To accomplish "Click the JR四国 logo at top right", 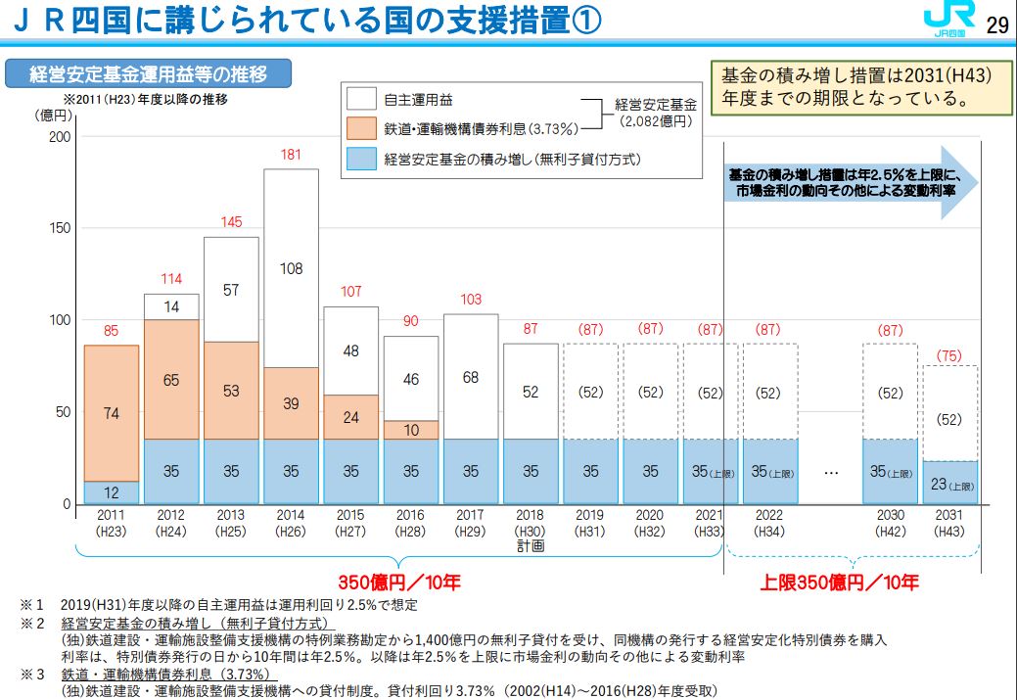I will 948,22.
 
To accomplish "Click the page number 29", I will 996,24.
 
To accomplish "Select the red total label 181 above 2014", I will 290,155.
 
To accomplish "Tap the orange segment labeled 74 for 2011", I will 111,413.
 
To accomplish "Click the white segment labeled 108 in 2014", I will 291,268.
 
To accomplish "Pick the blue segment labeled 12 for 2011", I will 111,492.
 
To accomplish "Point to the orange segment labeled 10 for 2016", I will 410,430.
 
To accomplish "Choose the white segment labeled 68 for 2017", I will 470,377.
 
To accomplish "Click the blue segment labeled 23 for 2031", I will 949,483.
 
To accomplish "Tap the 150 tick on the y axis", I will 60,228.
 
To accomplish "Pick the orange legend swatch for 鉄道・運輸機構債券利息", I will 361,128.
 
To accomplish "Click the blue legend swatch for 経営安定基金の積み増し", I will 361,158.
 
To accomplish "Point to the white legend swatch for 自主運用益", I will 361,99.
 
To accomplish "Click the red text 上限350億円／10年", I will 839,583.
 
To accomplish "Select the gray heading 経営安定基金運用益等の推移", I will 148,73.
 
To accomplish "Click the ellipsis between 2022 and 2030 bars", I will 831,472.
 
